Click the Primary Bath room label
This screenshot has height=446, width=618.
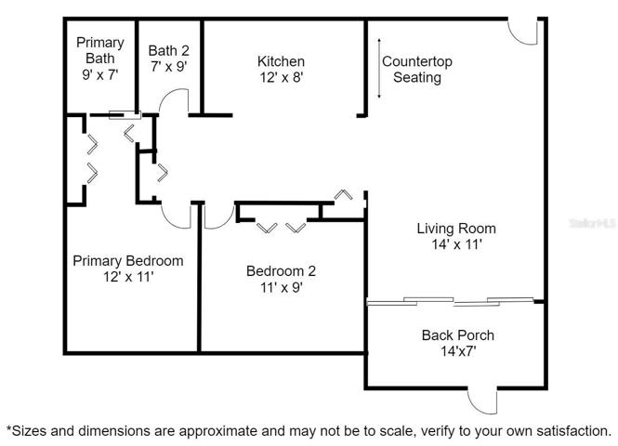[x=100, y=50]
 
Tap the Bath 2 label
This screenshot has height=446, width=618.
[x=169, y=51]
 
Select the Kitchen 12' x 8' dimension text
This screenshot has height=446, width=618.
[x=281, y=77]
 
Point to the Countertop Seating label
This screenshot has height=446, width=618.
[x=417, y=70]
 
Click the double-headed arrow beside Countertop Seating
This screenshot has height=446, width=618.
[x=379, y=68]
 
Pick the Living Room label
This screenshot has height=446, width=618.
[x=456, y=229]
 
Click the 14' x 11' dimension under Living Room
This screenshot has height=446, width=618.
[x=456, y=244]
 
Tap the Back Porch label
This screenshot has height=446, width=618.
[x=457, y=335]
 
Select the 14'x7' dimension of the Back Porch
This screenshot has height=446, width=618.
[x=458, y=351]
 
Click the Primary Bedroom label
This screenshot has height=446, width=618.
[x=128, y=261]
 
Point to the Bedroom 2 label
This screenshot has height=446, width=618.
[x=281, y=271]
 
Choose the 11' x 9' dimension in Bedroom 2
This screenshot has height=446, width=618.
[x=281, y=288]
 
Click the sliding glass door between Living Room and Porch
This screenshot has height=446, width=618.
[x=450, y=301]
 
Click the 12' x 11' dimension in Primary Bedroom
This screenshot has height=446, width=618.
[x=128, y=277]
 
